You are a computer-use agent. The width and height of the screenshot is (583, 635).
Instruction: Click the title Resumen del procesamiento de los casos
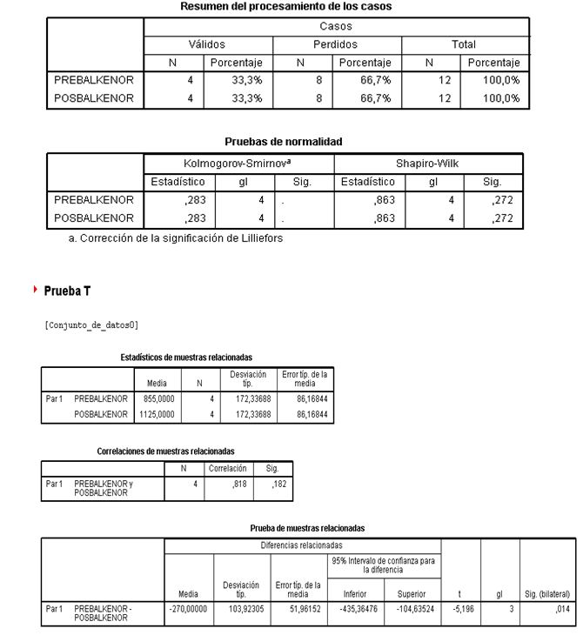tap(285, 6)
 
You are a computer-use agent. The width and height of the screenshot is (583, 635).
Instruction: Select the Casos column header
tap(336, 26)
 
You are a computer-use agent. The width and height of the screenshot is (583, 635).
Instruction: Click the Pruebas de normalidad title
tap(284, 141)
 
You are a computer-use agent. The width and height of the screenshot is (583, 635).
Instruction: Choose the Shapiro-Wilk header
tap(428, 164)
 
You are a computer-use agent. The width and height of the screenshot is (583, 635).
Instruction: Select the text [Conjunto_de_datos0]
tap(90, 325)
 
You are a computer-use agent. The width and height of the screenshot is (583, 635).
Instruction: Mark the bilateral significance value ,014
tap(561, 609)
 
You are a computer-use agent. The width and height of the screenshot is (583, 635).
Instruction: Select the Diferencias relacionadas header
tap(302, 545)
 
